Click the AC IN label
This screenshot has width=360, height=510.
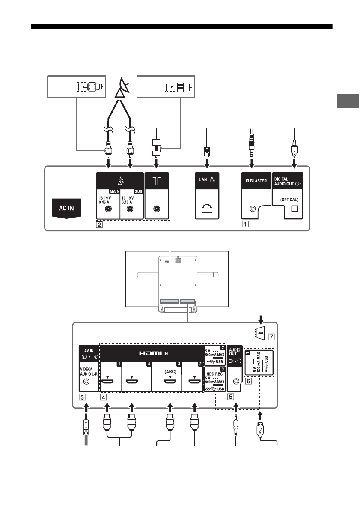pos(66,208)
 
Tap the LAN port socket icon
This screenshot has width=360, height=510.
pos(207,208)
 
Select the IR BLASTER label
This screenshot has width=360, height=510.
pos(256,181)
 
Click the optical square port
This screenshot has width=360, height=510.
pos(295,209)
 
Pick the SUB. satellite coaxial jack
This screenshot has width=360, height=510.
pos(130,209)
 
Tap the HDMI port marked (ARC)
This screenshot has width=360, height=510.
pos(170,379)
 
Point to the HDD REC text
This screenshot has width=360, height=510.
pos(214,374)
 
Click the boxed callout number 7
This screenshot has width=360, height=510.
pos(271,337)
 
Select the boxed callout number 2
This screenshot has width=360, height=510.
pos(99,224)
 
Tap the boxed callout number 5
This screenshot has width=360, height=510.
pos(231,397)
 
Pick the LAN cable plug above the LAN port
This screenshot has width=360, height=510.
pos(206,151)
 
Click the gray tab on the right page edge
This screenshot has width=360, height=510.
pos(348,101)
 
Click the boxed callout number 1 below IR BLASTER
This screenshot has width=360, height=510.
pos(245,224)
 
